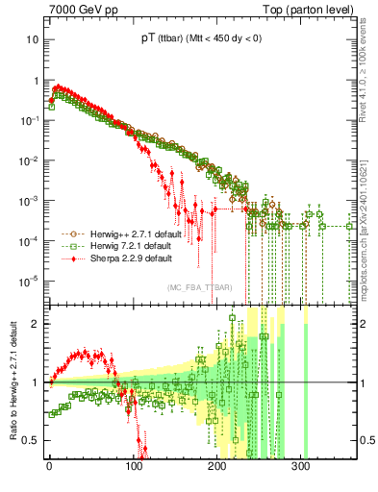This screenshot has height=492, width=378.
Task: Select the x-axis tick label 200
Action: pos(216,472)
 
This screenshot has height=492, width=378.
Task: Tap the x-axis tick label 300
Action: pos(300,472)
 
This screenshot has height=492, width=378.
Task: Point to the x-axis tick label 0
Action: pos(49,472)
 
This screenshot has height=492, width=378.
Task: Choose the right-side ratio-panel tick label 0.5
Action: pos(365,441)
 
